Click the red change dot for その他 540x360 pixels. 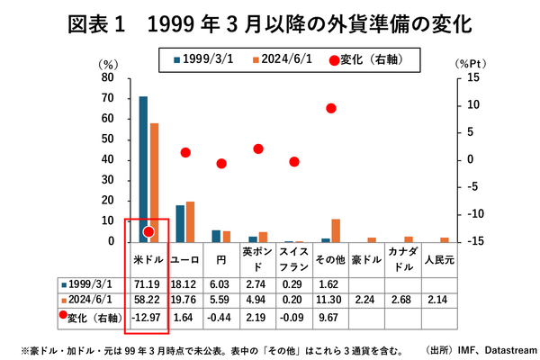tap(331, 108)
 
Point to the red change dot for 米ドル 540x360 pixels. tap(148, 231)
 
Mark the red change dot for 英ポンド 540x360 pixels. tap(258, 148)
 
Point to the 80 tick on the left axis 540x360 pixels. tap(107, 77)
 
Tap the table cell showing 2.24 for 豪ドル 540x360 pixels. tap(367, 300)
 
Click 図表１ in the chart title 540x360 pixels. tap(101, 22)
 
